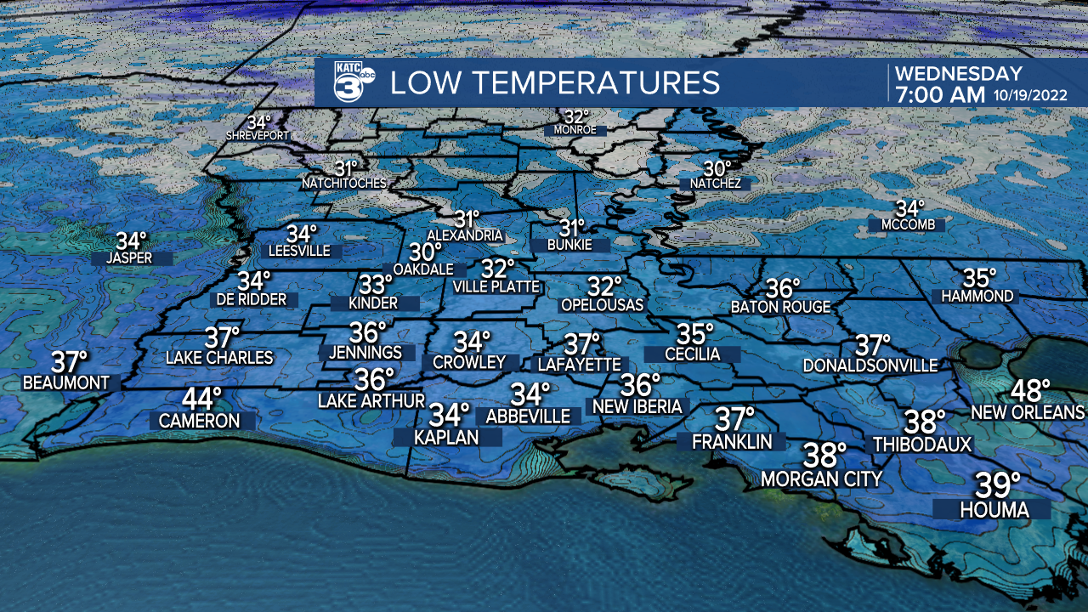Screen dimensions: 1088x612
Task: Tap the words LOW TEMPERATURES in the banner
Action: [x=555, y=82]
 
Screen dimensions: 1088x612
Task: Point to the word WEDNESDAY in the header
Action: [x=959, y=73]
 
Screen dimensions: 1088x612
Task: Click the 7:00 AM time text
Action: [x=939, y=95]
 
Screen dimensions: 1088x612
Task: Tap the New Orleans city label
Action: [x=1028, y=412]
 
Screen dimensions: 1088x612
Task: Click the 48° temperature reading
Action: [x=1030, y=391]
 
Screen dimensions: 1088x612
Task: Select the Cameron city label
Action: [x=200, y=420]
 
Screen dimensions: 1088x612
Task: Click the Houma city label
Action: [x=994, y=510]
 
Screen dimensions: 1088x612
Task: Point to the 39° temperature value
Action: [x=997, y=485]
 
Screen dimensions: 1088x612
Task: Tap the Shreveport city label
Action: [x=258, y=135]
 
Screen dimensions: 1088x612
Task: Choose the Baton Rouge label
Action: [x=781, y=307]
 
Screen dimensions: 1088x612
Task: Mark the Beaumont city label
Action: [x=66, y=382]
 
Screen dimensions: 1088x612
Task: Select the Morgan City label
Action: [x=821, y=479]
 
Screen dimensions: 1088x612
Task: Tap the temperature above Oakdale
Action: [x=426, y=252]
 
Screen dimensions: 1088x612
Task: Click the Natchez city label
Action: [x=716, y=184]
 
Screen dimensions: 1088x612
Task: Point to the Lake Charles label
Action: [x=219, y=358]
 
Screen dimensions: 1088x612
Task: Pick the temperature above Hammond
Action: [x=979, y=277]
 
